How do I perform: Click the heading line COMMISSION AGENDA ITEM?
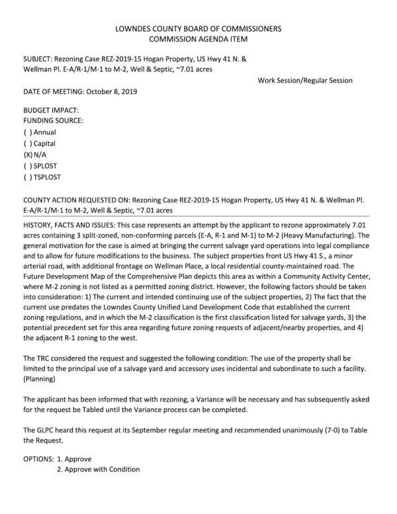(198, 40)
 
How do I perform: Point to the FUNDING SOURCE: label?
(54, 121)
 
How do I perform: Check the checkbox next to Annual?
(27, 132)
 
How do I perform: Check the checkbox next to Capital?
(27, 144)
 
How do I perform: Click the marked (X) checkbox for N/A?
(28, 155)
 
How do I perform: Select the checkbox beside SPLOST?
(27, 166)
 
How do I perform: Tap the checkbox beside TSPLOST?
(27, 177)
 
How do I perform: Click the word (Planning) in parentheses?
(41, 380)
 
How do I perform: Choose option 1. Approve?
(73, 458)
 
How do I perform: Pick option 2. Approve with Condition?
(98, 470)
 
